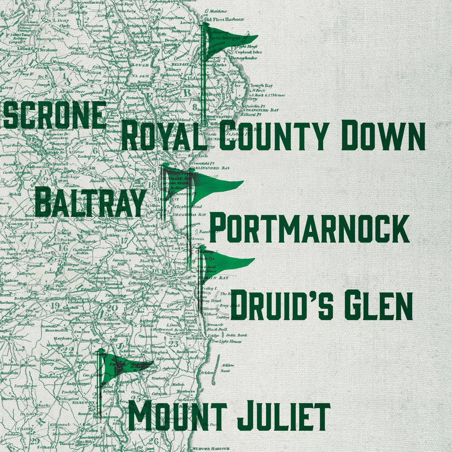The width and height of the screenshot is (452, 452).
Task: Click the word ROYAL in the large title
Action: [x=164, y=136]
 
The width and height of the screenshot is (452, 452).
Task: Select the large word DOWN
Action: [x=383, y=136]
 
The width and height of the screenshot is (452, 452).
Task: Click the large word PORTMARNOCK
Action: [x=309, y=229]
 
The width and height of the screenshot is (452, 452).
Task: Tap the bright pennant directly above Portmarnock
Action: [x=216, y=186]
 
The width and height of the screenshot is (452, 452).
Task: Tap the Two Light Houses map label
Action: [x=226, y=342]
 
